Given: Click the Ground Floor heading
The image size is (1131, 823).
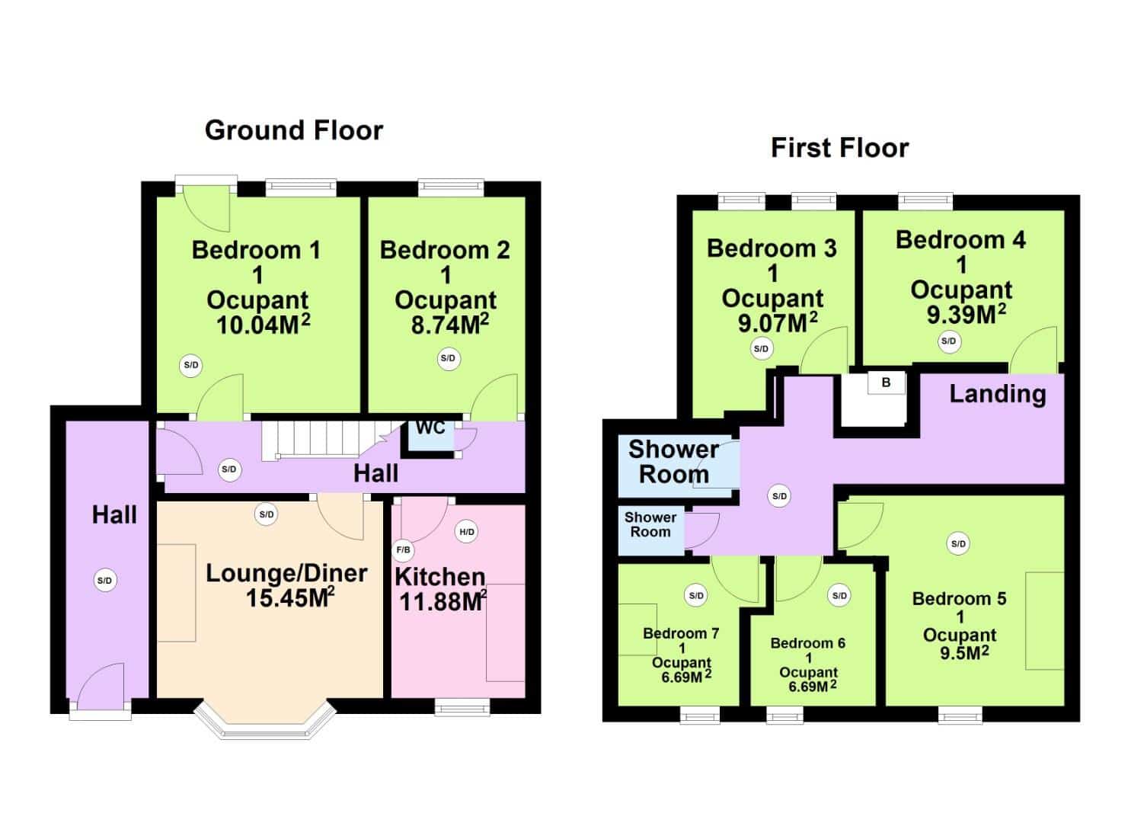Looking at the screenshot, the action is [294, 130].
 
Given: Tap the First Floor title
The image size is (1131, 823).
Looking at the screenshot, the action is [839, 148].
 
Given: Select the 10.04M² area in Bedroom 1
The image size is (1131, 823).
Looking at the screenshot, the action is [263, 325].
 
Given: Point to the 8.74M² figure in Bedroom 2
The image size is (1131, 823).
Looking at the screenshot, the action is [449, 324].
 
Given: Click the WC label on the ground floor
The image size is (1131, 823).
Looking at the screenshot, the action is [430, 428].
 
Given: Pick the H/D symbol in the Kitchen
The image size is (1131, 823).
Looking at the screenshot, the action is [466, 531].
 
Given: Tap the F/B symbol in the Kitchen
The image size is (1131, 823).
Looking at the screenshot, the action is [403, 549].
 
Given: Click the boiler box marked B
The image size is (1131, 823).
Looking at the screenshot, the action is [886, 383].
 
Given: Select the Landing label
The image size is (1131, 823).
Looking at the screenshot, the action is [998, 394].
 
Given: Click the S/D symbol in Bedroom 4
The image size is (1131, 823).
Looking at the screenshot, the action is [949, 341].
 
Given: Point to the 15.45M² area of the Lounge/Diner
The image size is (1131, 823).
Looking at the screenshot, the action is [290, 597].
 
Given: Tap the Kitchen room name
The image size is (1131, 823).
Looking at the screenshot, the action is [439, 577].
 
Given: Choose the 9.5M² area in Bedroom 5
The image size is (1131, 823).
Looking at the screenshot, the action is [964, 653].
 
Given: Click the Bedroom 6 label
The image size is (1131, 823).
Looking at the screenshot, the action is [808, 643].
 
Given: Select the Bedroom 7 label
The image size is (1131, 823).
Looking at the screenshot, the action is [681, 633].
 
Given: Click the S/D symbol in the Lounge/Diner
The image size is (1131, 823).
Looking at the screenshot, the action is [266, 514].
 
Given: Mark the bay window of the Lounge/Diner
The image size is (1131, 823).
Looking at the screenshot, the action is [265, 720].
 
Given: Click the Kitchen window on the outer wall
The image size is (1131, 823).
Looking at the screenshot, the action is [462, 707].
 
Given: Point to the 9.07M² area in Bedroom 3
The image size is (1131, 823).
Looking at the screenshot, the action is [778, 323].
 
